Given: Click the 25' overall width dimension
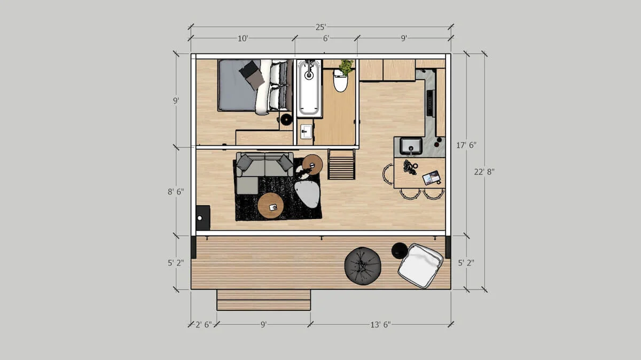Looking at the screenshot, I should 320,27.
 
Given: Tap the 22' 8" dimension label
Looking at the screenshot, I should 484,171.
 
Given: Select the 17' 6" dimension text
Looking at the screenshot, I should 466,145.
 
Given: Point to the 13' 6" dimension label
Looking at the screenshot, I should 380,324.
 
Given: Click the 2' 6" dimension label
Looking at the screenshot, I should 204,324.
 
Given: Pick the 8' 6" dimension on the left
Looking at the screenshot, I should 176,191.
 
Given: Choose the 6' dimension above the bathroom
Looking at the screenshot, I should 326,38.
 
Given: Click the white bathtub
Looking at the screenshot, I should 309,88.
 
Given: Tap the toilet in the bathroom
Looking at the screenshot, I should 340,82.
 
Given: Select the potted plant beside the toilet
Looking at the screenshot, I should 346,67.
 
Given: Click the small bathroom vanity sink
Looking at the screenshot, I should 306,131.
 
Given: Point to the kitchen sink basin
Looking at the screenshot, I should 411,145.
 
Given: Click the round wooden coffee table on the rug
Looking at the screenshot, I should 271,206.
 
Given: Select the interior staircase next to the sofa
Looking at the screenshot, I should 341,165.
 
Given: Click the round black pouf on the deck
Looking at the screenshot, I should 362,265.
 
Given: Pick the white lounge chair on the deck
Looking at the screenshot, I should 421,265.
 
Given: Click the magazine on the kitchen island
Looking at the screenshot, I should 431,177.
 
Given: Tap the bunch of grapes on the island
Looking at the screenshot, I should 410,167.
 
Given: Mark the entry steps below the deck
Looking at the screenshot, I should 263,300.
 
